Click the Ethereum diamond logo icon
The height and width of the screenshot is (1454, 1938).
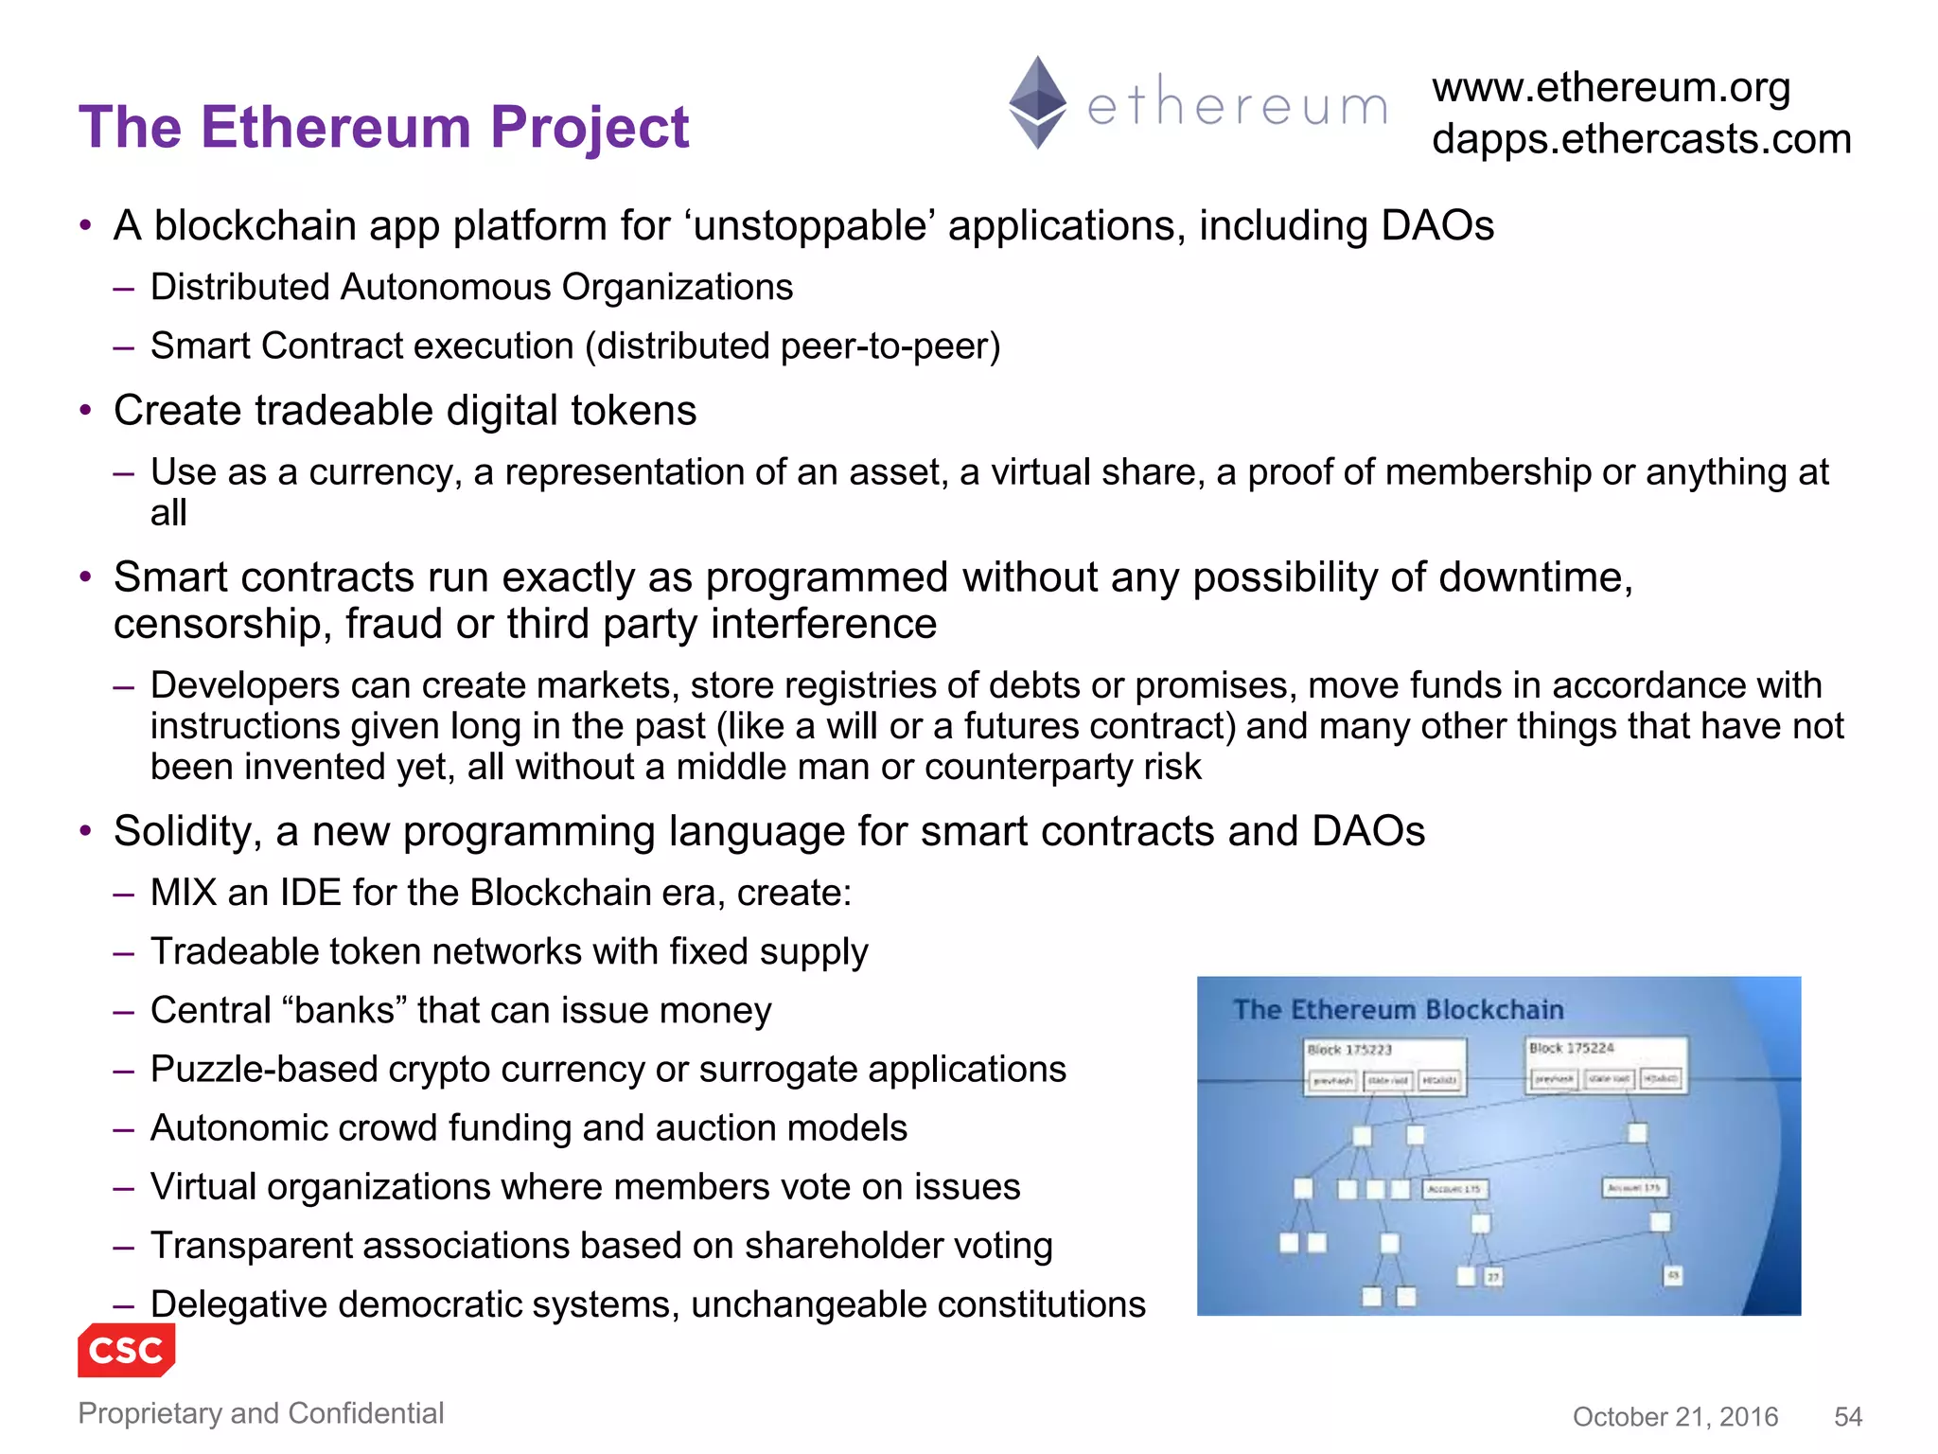click(1037, 102)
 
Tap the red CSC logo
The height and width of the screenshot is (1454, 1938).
click(126, 1350)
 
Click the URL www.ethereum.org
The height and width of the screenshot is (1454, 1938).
click(1611, 88)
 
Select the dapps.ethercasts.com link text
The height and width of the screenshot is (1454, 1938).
click(1641, 139)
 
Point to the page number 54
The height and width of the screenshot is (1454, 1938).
click(1847, 1416)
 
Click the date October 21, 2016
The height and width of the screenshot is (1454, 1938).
click(1675, 1416)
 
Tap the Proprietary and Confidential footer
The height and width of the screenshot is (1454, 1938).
click(260, 1412)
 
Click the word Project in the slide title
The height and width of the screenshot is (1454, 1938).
click(589, 127)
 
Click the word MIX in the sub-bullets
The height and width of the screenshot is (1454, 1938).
click(184, 893)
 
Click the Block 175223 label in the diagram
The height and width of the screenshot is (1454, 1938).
click(1349, 1050)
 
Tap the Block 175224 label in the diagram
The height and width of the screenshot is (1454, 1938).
click(1571, 1048)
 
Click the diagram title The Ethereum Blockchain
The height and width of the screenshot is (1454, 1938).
click(1398, 1010)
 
